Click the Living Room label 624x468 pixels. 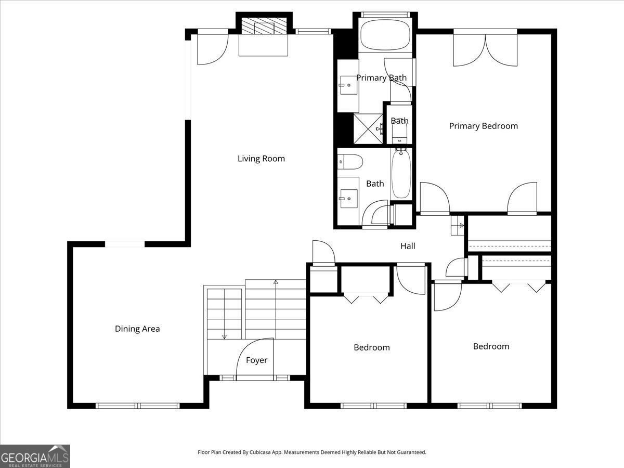coord(261,159)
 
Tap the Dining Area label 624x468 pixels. coord(137,329)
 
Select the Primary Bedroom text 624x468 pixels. coord(483,126)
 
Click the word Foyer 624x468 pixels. coord(256,360)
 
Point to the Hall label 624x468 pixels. coord(407,246)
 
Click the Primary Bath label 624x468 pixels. coord(381,78)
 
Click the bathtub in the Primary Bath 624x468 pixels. coord(385,35)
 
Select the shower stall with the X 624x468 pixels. coord(368,128)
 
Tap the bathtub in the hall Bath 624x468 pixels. coord(401,174)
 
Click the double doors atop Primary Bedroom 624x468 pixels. coord(485,50)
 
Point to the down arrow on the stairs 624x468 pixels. coord(224,335)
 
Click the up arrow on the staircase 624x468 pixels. coord(276,282)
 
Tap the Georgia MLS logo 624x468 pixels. coord(35,456)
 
